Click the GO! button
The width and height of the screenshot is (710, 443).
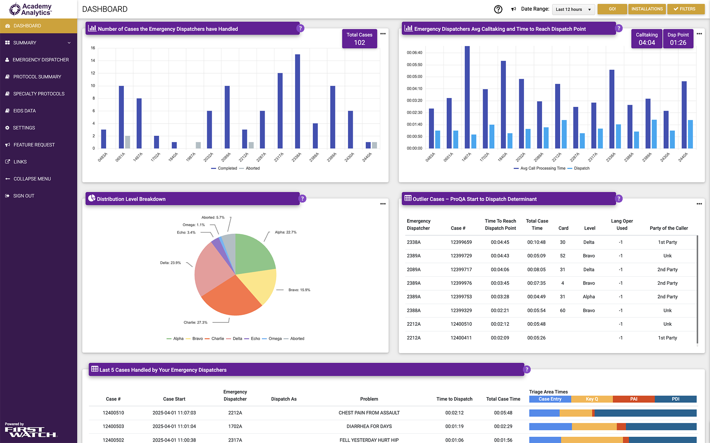pos(612,9)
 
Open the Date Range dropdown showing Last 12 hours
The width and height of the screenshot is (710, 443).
pos(573,9)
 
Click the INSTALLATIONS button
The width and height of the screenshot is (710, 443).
pos(647,9)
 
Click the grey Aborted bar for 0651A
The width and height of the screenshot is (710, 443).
pos(128,142)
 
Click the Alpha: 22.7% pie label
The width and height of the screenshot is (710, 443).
pos(285,232)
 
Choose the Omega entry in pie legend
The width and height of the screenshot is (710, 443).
pos(275,338)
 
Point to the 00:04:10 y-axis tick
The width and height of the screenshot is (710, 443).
pos(414,89)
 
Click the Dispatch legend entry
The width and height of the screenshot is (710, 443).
pos(581,168)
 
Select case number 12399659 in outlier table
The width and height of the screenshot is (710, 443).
pos(461,242)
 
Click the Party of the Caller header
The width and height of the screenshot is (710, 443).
pos(669,228)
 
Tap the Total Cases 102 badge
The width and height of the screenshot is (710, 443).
pos(359,39)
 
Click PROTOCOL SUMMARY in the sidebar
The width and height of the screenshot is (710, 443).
pos(37,77)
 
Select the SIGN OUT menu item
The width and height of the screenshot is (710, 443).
pos(24,196)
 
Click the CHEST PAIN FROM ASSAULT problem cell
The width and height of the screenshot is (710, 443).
pos(369,413)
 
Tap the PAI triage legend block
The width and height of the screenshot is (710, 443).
pos(633,399)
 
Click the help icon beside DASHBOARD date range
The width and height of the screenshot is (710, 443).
pos(498,9)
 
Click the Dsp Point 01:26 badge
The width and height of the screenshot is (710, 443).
pos(678,39)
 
